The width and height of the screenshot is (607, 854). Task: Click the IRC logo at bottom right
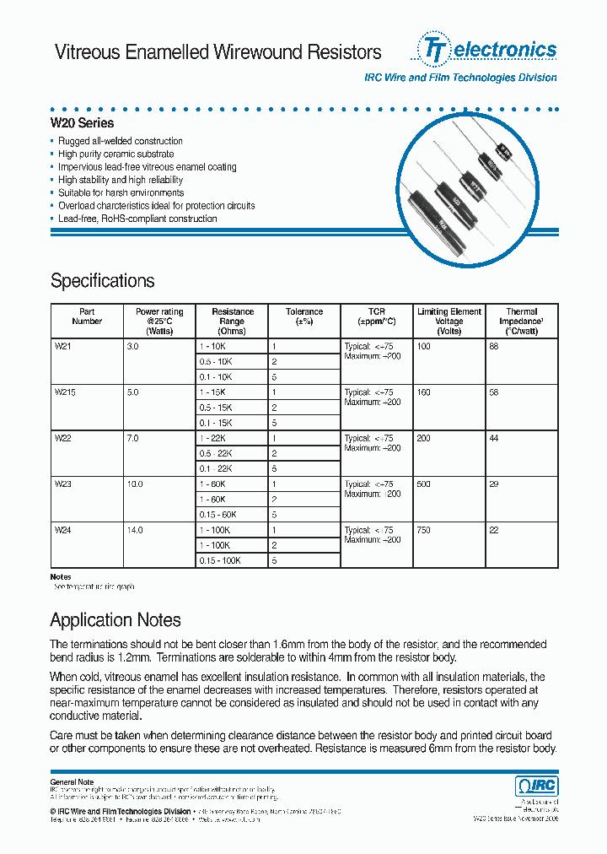click(536, 786)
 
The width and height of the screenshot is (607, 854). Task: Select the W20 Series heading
click(82, 123)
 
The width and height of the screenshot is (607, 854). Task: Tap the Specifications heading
click(102, 281)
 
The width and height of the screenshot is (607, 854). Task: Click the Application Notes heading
click(115, 620)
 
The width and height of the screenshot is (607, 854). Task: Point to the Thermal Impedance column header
click(521, 321)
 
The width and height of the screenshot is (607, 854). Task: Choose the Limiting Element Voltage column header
click(449, 321)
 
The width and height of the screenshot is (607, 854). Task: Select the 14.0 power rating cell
click(134, 530)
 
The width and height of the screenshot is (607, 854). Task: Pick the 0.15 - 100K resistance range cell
click(220, 560)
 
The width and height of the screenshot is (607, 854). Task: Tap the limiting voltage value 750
click(423, 530)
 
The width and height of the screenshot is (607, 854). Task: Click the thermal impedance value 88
click(494, 347)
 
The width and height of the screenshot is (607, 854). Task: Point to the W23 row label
click(63, 484)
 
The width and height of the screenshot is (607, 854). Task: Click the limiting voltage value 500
click(423, 484)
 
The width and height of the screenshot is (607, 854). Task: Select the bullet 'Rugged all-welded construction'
click(120, 141)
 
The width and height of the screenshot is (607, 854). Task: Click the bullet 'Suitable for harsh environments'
click(121, 192)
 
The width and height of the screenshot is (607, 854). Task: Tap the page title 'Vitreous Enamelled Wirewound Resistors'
click(218, 52)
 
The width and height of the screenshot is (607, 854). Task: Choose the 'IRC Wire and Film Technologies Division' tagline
click(459, 78)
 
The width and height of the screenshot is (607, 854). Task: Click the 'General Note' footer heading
click(72, 782)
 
